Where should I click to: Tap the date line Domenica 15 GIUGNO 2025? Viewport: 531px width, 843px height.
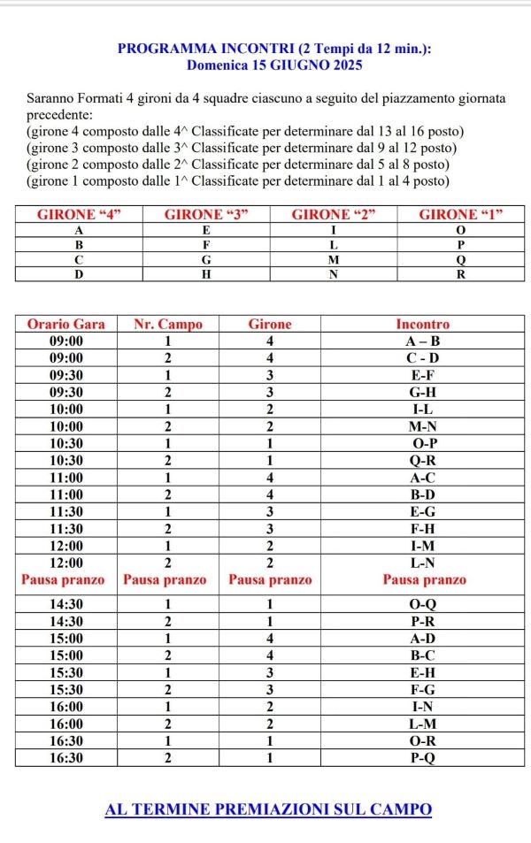click(x=274, y=65)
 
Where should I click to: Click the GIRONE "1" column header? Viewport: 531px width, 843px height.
click(x=460, y=214)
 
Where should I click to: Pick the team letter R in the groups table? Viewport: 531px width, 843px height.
click(x=460, y=274)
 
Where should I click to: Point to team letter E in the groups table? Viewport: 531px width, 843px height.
click(x=206, y=229)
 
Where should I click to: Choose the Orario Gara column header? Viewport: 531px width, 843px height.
click(x=66, y=324)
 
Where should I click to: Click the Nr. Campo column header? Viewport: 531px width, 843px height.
click(x=168, y=324)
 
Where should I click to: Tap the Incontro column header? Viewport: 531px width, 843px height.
click(x=423, y=324)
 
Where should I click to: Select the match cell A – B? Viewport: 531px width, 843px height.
click(x=423, y=341)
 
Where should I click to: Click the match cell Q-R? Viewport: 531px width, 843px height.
click(x=423, y=460)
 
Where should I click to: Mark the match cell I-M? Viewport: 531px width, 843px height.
click(x=423, y=546)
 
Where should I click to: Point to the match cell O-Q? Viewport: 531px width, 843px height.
click(x=423, y=604)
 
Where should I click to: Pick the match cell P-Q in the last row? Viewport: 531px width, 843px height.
click(x=423, y=758)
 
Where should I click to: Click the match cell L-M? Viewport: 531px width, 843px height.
click(x=423, y=724)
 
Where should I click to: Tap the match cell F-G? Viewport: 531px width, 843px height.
click(x=423, y=689)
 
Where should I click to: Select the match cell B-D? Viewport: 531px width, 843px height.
click(x=423, y=494)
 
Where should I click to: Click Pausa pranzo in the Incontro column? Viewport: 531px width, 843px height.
click(x=423, y=580)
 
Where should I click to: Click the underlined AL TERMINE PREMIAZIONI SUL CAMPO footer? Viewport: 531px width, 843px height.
click(x=268, y=809)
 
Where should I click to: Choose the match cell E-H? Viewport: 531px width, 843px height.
click(x=423, y=672)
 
